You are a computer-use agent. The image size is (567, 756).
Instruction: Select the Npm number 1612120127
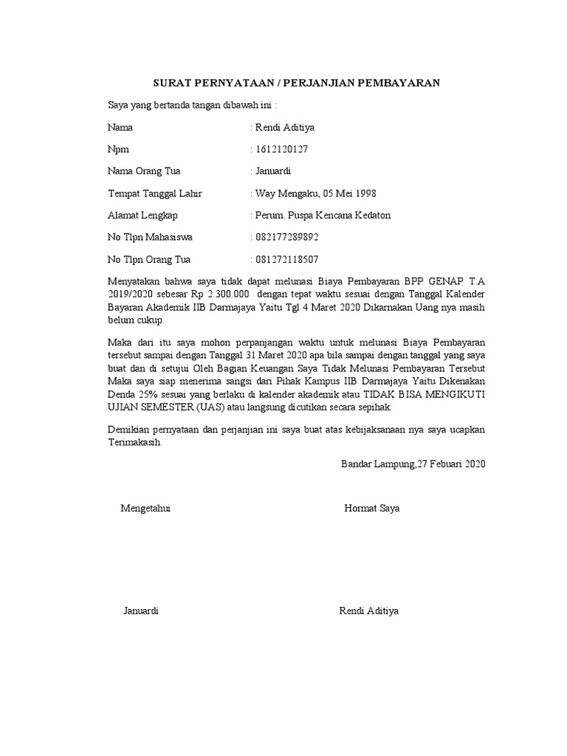pyautogui.click(x=281, y=149)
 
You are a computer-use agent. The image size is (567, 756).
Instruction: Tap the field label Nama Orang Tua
pyautogui.click(x=144, y=171)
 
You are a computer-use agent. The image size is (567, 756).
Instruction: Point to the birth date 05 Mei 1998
pyautogui.click(x=346, y=193)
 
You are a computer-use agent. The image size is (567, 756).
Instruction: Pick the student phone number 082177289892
pyautogui.click(x=287, y=238)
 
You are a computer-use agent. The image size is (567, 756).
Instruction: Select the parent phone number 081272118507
pyautogui.click(x=287, y=260)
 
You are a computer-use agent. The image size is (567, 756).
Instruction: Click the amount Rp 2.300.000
pyautogui.click(x=216, y=293)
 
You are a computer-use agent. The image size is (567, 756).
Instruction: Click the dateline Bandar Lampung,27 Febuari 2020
pyautogui.click(x=413, y=464)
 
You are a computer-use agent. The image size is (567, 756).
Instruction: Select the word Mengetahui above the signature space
pyautogui.click(x=145, y=509)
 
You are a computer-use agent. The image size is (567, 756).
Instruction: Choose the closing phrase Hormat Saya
pyautogui.click(x=371, y=509)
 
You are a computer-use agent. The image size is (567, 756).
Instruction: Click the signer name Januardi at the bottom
pyautogui.click(x=140, y=611)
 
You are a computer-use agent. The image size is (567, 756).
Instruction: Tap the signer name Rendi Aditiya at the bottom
pyautogui.click(x=368, y=611)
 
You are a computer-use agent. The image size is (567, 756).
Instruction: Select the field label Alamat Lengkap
pyautogui.click(x=142, y=216)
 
